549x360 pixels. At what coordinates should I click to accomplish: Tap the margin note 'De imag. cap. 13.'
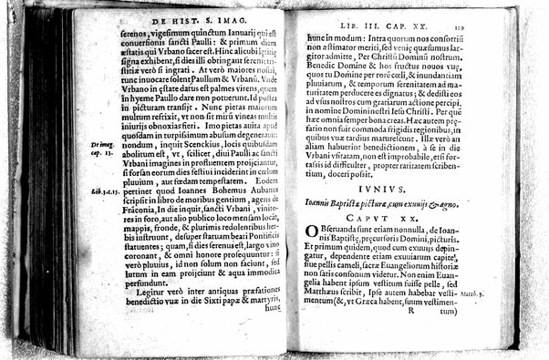(102, 149)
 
